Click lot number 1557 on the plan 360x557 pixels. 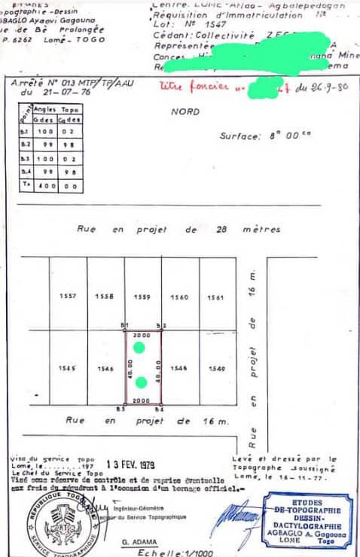[x=68, y=297]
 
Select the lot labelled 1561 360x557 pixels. [x=215, y=297]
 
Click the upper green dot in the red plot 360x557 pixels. [x=139, y=347]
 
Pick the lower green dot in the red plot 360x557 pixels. [x=141, y=382]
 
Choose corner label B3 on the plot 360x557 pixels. [x=120, y=409]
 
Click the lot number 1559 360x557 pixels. [x=142, y=297]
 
